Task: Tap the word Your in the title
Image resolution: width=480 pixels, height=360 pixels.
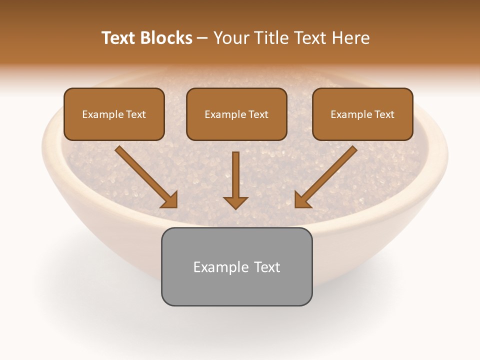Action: pos(233,38)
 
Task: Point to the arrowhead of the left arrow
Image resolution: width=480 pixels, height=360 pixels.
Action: pos(170,200)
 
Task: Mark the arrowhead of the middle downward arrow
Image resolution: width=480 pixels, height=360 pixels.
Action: pos(235,202)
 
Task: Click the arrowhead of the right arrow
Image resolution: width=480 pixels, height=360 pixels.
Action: pos(302,200)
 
